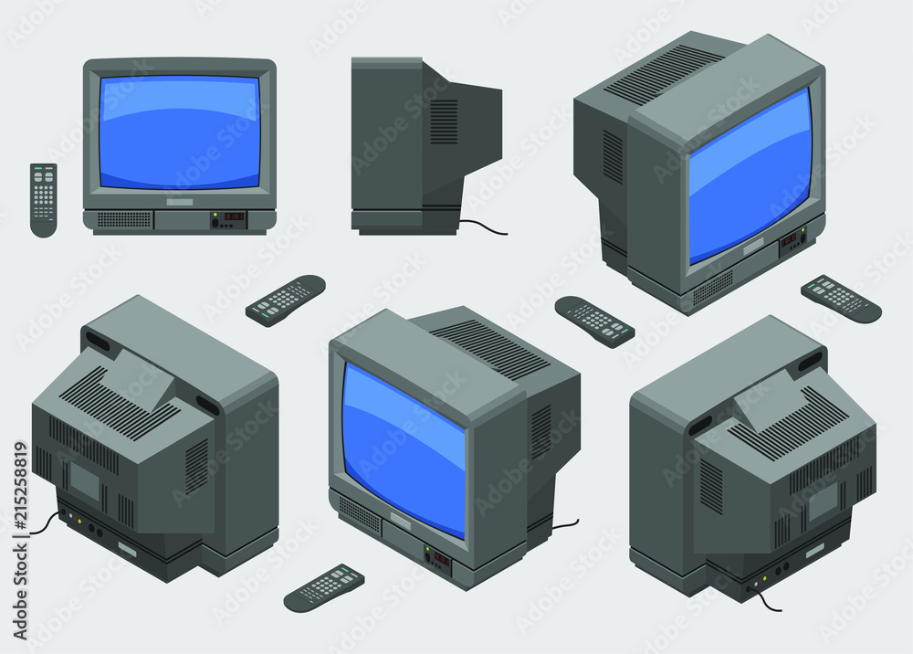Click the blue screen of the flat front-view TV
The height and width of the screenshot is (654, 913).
(x=180, y=132)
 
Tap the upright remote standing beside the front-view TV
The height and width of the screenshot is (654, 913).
(x=43, y=199)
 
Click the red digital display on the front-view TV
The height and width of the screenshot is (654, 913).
(x=234, y=217)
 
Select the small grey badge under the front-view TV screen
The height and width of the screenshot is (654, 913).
(x=180, y=201)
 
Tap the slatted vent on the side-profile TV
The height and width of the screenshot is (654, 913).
(x=444, y=121)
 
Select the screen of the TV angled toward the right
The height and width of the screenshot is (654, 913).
(x=749, y=174)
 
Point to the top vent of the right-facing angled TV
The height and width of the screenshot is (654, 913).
(x=664, y=74)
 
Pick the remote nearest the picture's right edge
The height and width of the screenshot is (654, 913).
(x=841, y=299)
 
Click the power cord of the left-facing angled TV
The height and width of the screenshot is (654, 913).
(x=565, y=524)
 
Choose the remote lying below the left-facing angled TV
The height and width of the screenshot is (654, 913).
(x=324, y=587)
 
